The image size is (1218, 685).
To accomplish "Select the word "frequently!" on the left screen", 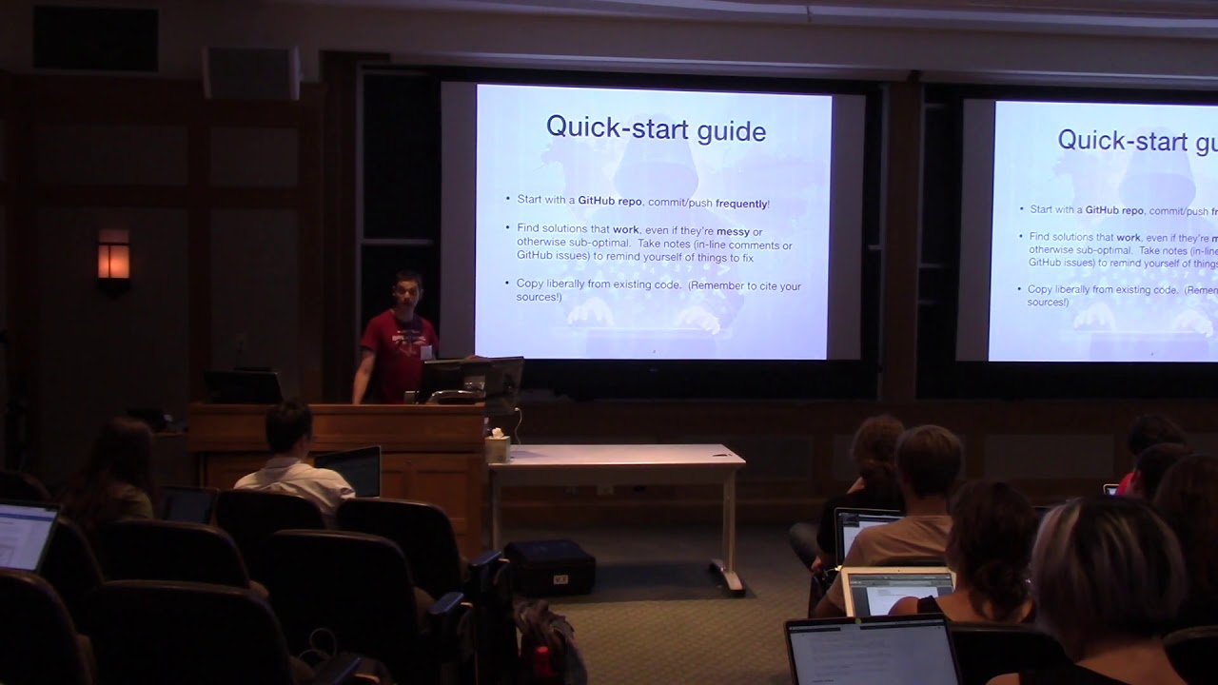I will tap(742, 203).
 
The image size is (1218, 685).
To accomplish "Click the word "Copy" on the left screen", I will tap(530, 284).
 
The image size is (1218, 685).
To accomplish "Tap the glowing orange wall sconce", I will tap(113, 254).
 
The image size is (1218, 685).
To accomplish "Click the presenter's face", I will tap(408, 291).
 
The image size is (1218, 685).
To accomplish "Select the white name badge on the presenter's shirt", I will tap(425, 352).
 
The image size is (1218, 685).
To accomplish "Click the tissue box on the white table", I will tap(498, 447).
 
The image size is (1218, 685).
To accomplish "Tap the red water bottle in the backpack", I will tap(543, 660).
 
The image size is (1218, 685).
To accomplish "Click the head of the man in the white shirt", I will tap(288, 428).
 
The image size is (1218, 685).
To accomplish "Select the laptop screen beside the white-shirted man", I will tap(349, 470).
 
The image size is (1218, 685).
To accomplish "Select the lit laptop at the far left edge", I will tap(26, 536).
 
